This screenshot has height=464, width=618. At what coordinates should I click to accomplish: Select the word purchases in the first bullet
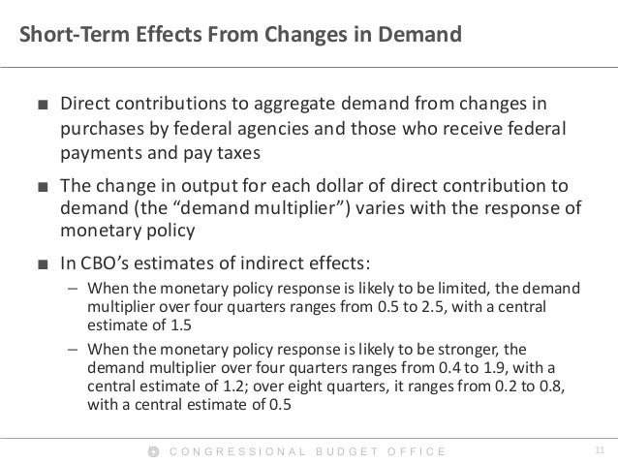click(101, 129)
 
